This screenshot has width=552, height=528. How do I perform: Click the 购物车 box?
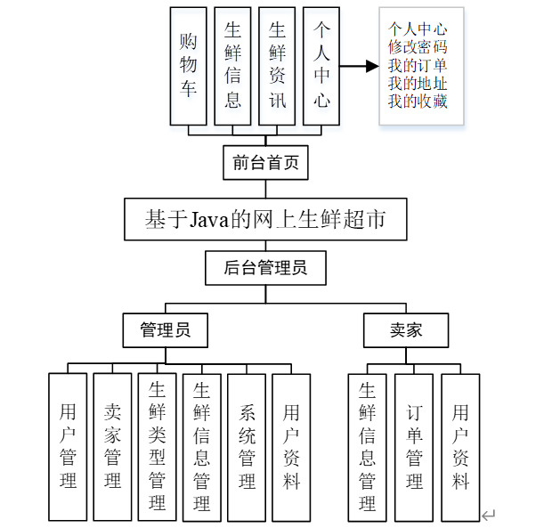[x=188, y=66]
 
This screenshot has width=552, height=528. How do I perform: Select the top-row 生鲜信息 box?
[x=232, y=66]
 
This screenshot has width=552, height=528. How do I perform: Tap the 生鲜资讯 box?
[x=277, y=66]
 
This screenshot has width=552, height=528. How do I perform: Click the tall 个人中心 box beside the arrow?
[x=321, y=66]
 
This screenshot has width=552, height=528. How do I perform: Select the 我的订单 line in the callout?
[x=418, y=66]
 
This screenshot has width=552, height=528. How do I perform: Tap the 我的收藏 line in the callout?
[x=418, y=102]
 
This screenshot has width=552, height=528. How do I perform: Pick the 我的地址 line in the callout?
[x=418, y=84]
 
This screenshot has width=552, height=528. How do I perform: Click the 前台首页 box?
[x=265, y=163]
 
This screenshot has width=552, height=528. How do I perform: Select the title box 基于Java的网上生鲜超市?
[x=265, y=219]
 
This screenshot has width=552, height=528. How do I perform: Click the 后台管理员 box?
[x=265, y=267]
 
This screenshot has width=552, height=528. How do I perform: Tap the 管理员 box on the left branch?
[x=166, y=330]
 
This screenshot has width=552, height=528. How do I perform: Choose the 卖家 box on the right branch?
[x=406, y=330]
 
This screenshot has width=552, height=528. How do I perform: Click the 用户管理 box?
[x=68, y=447]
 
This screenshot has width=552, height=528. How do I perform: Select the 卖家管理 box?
[x=112, y=447]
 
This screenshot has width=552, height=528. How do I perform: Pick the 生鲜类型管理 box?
[x=158, y=447]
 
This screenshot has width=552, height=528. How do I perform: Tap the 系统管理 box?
[x=248, y=447]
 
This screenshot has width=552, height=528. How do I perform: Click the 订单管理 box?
[x=414, y=447]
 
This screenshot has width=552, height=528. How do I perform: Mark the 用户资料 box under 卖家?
[x=459, y=447]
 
